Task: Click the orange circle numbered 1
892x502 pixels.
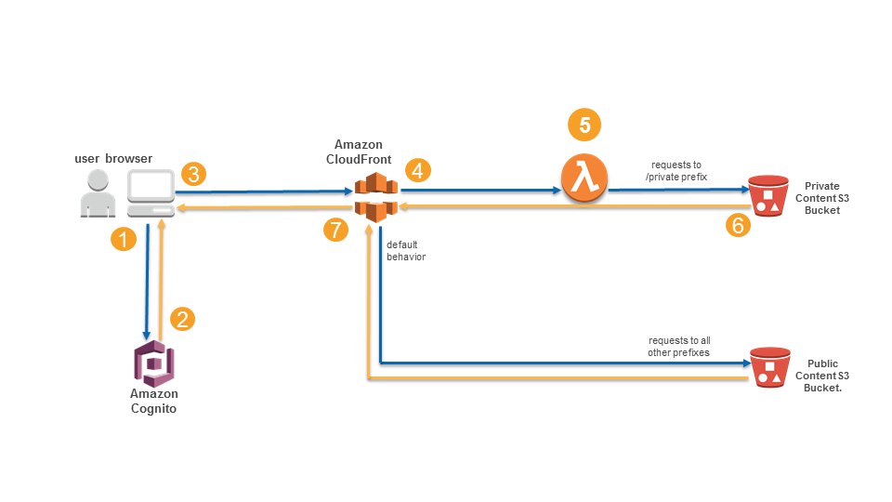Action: tap(124, 239)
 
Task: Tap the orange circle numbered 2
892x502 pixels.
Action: tap(183, 319)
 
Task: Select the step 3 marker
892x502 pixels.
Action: tap(194, 174)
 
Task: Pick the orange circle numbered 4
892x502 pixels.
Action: tap(417, 170)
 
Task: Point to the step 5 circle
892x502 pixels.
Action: tap(584, 125)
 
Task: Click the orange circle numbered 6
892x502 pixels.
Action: tap(738, 225)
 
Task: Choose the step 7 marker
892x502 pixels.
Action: tap(335, 230)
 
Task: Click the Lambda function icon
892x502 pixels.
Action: tap(584, 178)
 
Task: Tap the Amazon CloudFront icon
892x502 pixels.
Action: tap(376, 197)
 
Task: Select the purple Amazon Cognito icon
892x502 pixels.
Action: tap(154, 363)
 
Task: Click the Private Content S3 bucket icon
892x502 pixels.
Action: tap(768, 196)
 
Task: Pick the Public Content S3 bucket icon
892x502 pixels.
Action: tap(769, 368)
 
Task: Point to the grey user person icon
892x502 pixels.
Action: tap(98, 193)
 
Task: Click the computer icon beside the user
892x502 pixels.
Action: tap(151, 193)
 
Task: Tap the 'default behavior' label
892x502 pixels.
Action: tap(406, 250)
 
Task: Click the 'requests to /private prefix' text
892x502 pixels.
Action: tap(676, 171)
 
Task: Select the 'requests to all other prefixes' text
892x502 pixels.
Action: tap(679, 347)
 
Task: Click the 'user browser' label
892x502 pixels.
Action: tap(113, 158)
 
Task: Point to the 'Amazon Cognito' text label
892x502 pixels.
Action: tap(153, 402)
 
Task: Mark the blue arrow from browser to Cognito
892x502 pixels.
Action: tap(147, 282)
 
